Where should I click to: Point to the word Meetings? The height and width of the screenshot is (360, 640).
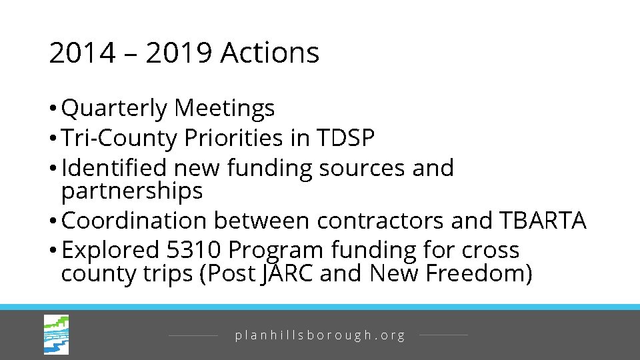click(x=225, y=107)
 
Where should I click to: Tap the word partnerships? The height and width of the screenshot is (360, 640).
click(x=131, y=191)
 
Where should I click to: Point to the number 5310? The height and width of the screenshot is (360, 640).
click(x=192, y=250)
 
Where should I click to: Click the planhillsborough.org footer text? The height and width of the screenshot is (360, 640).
click(x=320, y=335)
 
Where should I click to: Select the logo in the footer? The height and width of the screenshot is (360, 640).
click(x=56, y=335)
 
